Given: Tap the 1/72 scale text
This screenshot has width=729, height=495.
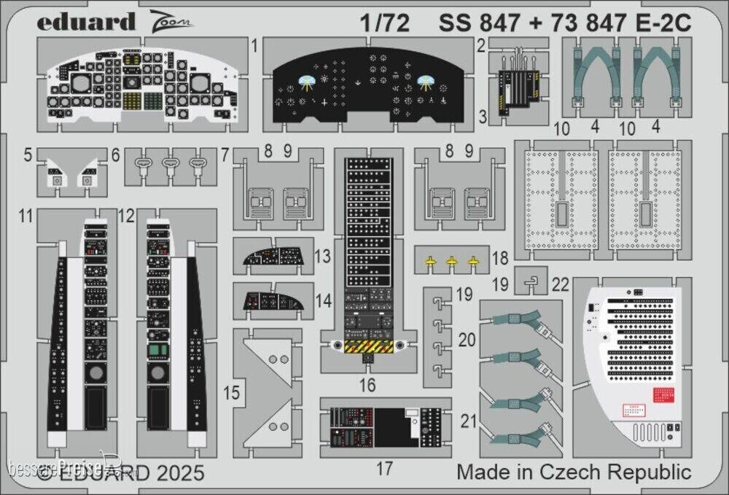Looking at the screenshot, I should point(383,23).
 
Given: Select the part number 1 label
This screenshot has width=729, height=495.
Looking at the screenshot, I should point(254,45).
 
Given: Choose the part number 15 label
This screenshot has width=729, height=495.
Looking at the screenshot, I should point(231,394).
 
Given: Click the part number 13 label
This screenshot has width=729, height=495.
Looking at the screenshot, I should point(324,257).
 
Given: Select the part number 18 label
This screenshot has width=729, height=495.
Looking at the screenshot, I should point(500,258).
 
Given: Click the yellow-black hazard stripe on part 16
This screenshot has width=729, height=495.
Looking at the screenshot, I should point(369,347).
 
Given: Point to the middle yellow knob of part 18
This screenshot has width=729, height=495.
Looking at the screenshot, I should point(452,260).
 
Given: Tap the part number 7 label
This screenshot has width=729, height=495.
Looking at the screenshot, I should point(225,155).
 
